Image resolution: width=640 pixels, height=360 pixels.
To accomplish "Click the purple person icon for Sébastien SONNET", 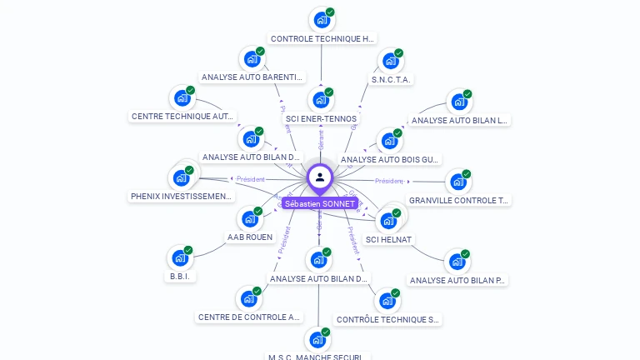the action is click(x=320, y=177).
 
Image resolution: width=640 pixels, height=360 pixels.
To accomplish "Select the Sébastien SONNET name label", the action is click(x=320, y=203).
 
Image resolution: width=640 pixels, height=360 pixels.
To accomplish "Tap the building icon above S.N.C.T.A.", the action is click(x=389, y=61).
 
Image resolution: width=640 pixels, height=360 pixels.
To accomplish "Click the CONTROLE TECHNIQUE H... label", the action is click(x=322, y=38).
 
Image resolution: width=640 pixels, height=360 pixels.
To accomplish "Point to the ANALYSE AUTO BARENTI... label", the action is click(x=252, y=77).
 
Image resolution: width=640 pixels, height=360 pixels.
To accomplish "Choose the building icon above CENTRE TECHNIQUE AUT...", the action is click(x=182, y=98).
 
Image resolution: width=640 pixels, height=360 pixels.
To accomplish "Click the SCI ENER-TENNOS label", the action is click(x=321, y=118).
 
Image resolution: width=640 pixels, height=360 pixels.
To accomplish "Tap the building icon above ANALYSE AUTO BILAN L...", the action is click(x=458, y=102).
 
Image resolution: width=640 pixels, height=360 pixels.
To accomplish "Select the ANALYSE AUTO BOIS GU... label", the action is click(x=389, y=159).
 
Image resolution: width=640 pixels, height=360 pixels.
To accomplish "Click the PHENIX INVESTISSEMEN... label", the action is click(x=181, y=197).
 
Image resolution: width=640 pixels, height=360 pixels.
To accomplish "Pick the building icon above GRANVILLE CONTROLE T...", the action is click(x=457, y=182).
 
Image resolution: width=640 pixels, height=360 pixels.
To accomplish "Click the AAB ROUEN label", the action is click(x=250, y=237).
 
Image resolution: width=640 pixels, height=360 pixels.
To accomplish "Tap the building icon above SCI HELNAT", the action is click(x=388, y=220).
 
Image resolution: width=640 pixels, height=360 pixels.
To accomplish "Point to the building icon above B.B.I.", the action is click(x=179, y=257).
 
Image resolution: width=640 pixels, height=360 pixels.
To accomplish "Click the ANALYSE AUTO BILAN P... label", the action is click(x=457, y=280).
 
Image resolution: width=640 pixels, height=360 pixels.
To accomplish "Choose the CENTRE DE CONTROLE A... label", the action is click(x=249, y=317).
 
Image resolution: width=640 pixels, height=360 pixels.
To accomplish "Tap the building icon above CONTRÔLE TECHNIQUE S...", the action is click(x=387, y=301).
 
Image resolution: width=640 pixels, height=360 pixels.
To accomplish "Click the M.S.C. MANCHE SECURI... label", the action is click(x=317, y=357).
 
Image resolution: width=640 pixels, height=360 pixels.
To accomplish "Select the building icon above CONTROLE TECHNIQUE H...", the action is click(x=321, y=19).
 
